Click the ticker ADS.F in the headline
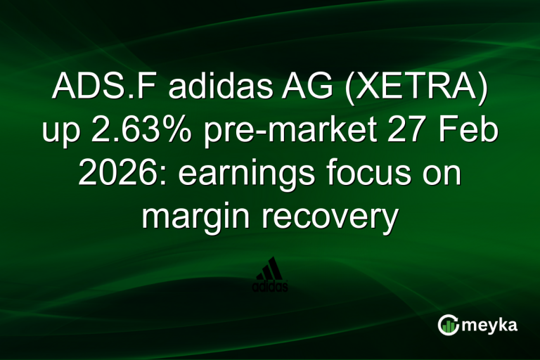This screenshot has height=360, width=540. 94,91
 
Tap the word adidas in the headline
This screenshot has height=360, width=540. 207,91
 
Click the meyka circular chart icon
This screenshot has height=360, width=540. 449,324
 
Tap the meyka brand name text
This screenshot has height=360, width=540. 494,325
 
